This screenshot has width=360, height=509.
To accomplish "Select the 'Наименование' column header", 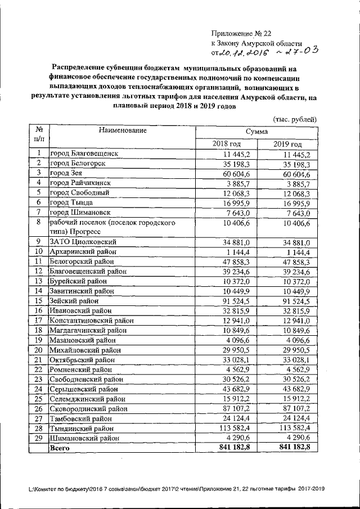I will [x=122, y=130].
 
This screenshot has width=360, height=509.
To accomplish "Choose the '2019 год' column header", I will [x=287, y=144].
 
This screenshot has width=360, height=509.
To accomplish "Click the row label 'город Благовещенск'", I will [x=85, y=154].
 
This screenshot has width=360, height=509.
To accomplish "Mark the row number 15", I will [x=39, y=301].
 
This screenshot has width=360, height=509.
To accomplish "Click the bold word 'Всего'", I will [x=60, y=448].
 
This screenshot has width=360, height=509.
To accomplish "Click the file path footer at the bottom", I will [x=179, y=489].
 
